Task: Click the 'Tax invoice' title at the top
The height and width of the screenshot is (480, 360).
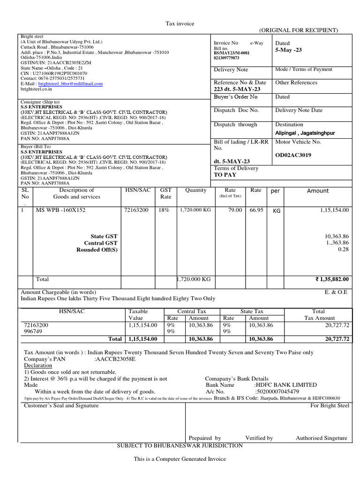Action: (180, 23)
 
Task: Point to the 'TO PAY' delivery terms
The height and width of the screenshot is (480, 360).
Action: (225, 175)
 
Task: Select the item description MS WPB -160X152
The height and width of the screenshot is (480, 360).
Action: (61, 210)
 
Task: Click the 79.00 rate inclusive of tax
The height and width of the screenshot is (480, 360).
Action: (234, 210)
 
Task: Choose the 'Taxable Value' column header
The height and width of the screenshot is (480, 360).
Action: (138, 315)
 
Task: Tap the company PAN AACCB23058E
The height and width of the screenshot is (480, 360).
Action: (115, 359)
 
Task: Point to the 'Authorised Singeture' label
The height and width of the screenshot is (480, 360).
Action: (322, 438)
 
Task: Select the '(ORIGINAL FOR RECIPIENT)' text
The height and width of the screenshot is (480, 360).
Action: (298, 30)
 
